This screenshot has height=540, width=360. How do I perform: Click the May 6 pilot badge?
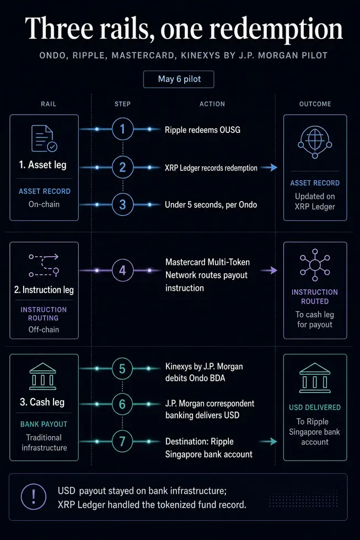(179, 79)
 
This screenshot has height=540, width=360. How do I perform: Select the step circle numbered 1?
(122, 129)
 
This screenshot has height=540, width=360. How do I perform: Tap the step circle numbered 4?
(122, 271)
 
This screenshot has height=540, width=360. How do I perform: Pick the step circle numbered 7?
(122, 441)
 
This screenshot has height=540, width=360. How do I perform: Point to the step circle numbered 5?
(122, 369)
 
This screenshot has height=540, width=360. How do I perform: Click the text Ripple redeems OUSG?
(202, 130)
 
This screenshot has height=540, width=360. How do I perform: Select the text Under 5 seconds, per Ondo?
(211, 204)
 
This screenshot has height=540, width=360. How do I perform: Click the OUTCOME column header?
(315, 104)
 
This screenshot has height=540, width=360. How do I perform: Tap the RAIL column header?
(49, 104)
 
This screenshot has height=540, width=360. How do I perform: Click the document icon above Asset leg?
(44, 138)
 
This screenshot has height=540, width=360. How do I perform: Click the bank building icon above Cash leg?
(42, 376)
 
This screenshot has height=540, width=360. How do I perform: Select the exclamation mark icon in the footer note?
(34, 496)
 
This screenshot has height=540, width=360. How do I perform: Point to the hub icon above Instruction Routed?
(315, 265)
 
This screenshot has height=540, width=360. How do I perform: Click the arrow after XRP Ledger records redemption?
(269, 168)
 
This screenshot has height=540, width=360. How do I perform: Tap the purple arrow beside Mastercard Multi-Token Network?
(269, 271)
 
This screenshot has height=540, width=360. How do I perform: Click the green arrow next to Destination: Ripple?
(268, 441)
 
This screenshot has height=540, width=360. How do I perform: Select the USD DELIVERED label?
(315, 407)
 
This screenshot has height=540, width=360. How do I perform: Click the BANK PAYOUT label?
(44, 424)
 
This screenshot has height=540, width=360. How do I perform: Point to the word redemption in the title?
(276, 29)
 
